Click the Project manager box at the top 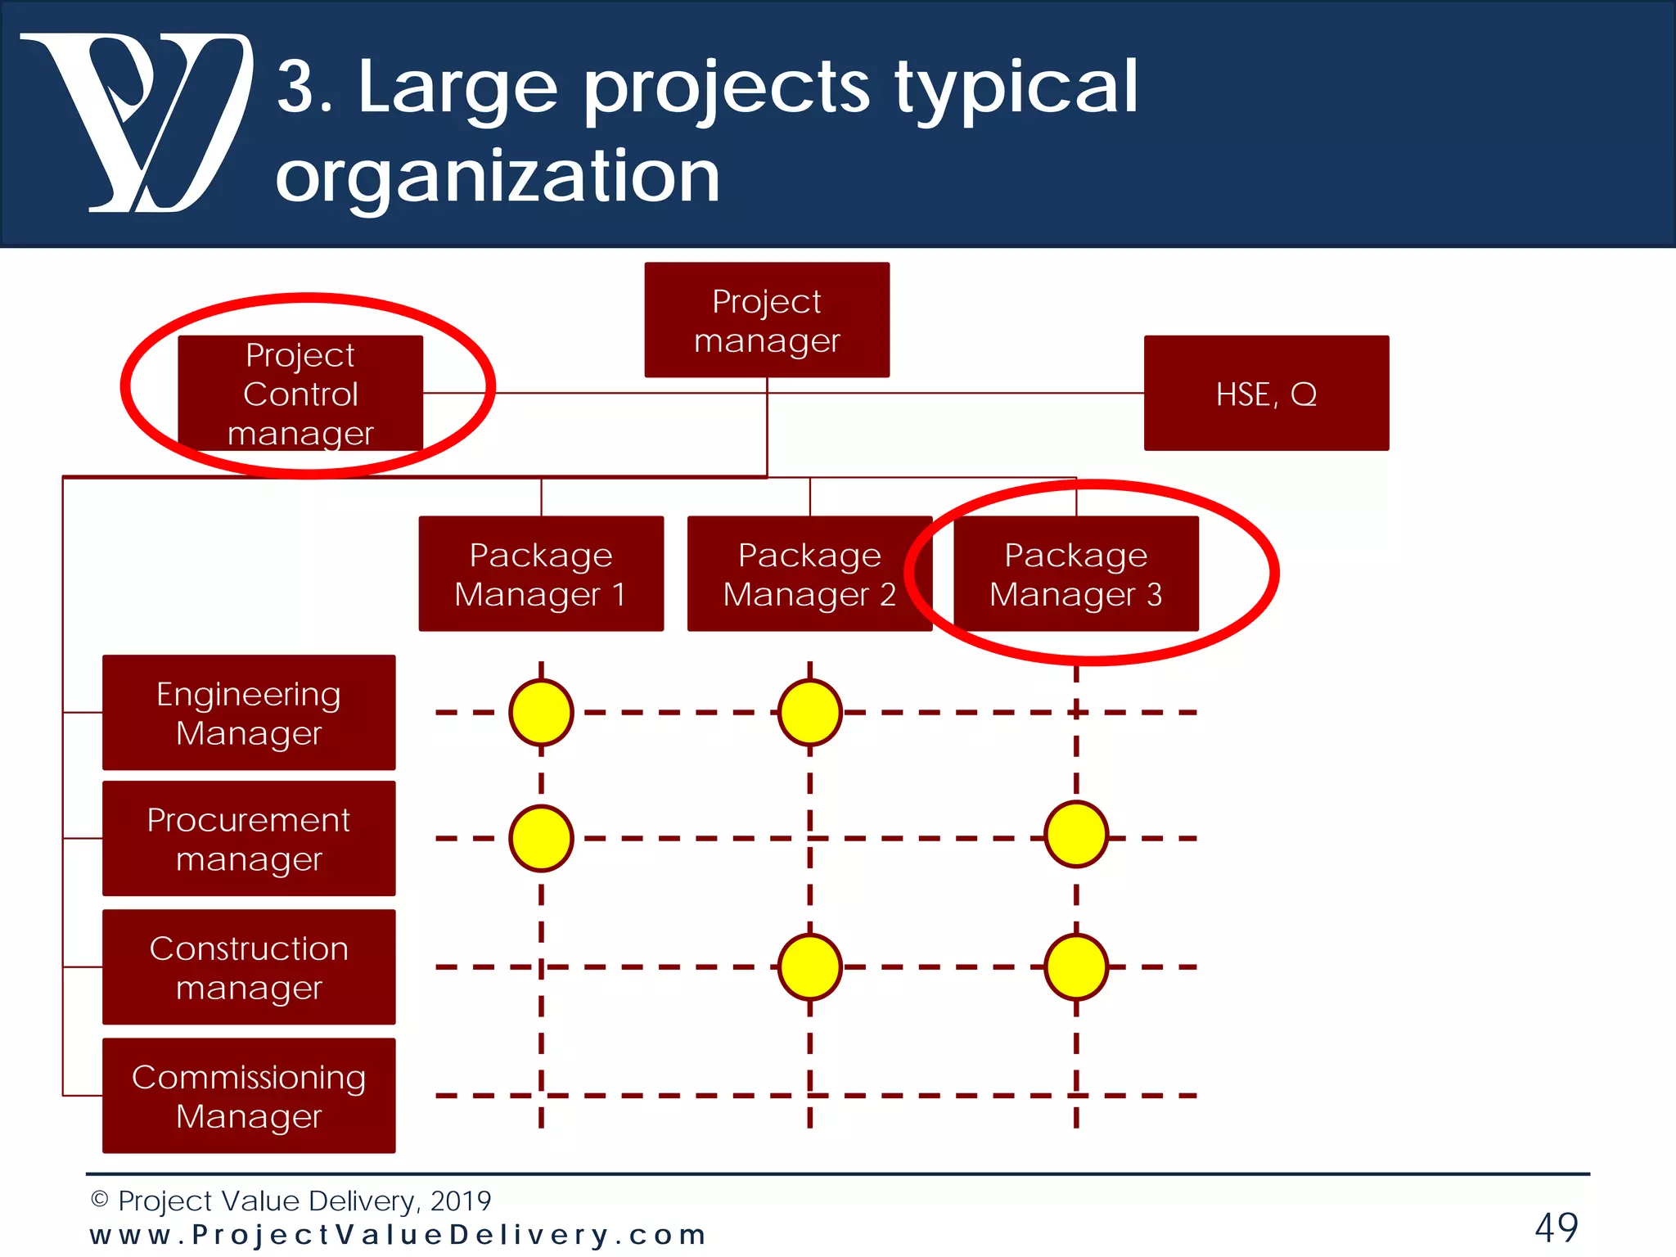pyautogui.click(x=767, y=320)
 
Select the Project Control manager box pyautogui.click(x=300, y=394)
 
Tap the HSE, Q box pyautogui.click(x=1266, y=394)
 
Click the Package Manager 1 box pyautogui.click(x=541, y=574)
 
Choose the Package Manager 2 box pyautogui.click(x=809, y=574)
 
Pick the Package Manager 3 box pyautogui.click(x=1076, y=574)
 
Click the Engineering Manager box pyautogui.click(x=249, y=713)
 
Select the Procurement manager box pyautogui.click(x=249, y=839)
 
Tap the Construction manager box pyautogui.click(x=249, y=967)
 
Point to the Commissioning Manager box pyautogui.click(x=249, y=1096)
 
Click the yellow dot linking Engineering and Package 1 pyautogui.click(x=541, y=713)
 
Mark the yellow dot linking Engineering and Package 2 pyautogui.click(x=809, y=713)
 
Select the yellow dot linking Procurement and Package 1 pyautogui.click(x=541, y=839)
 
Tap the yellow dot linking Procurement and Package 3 pyautogui.click(x=1076, y=835)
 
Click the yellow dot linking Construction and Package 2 pyautogui.click(x=809, y=967)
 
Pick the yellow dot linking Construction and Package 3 pyautogui.click(x=1076, y=967)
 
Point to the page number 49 pyautogui.click(x=1556, y=1228)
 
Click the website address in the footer pyautogui.click(x=398, y=1235)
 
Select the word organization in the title pyautogui.click(x=498, y=176)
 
